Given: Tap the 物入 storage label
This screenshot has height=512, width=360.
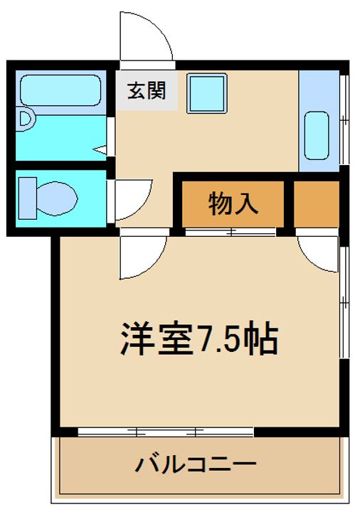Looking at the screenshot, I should pos(232,204).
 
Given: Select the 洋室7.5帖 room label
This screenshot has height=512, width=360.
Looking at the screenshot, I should pos(198,339).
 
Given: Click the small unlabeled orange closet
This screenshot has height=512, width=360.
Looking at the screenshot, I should pos(316,203).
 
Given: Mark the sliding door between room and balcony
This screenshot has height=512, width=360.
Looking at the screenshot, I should pos(165,431).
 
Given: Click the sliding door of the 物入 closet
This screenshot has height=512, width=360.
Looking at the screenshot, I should pos(230,232).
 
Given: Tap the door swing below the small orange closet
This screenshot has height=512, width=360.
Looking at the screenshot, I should pos(318,252).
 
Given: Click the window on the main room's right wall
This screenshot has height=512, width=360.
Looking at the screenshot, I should pos(344,303).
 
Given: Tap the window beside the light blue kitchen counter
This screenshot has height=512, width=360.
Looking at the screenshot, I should pos(344,119).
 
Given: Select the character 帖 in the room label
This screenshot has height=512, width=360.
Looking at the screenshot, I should pos(260,339).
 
